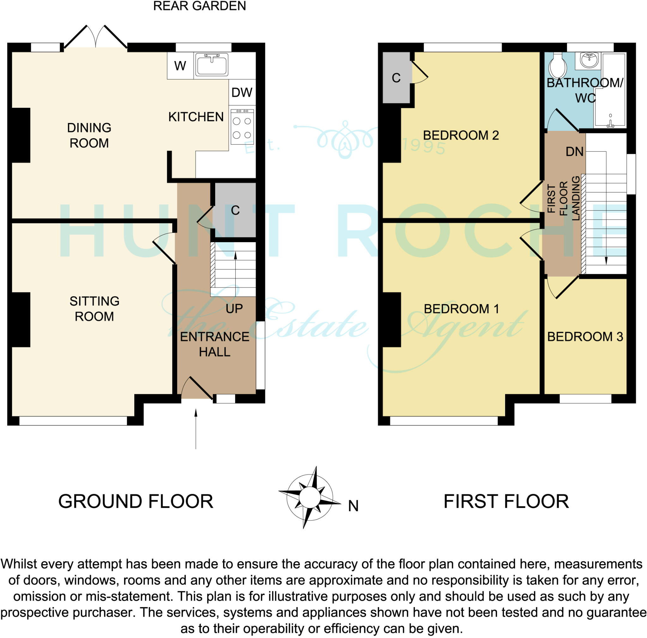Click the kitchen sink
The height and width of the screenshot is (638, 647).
coord(212,64)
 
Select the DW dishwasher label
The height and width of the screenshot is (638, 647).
coord(242,93)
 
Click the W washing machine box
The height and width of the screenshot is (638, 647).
coord(180,66)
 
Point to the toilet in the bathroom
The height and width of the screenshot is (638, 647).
coord(557,66)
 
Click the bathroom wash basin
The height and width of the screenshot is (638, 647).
coord(590,60)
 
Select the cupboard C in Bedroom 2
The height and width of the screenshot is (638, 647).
coord(396,78)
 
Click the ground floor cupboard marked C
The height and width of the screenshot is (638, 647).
coord(235,211)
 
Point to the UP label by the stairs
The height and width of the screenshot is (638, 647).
coord(234,309)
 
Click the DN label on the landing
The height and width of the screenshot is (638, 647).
coord(575,152)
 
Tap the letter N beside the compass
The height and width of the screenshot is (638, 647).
coord(353,506)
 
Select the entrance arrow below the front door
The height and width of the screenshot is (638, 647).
coord(196,429)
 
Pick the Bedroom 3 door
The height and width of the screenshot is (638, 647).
coord(563,288)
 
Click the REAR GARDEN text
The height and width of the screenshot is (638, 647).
coord(200,6)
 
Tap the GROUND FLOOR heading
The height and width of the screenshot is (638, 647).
coord(136,502)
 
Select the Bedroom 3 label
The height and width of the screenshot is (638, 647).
coord(585,337)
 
